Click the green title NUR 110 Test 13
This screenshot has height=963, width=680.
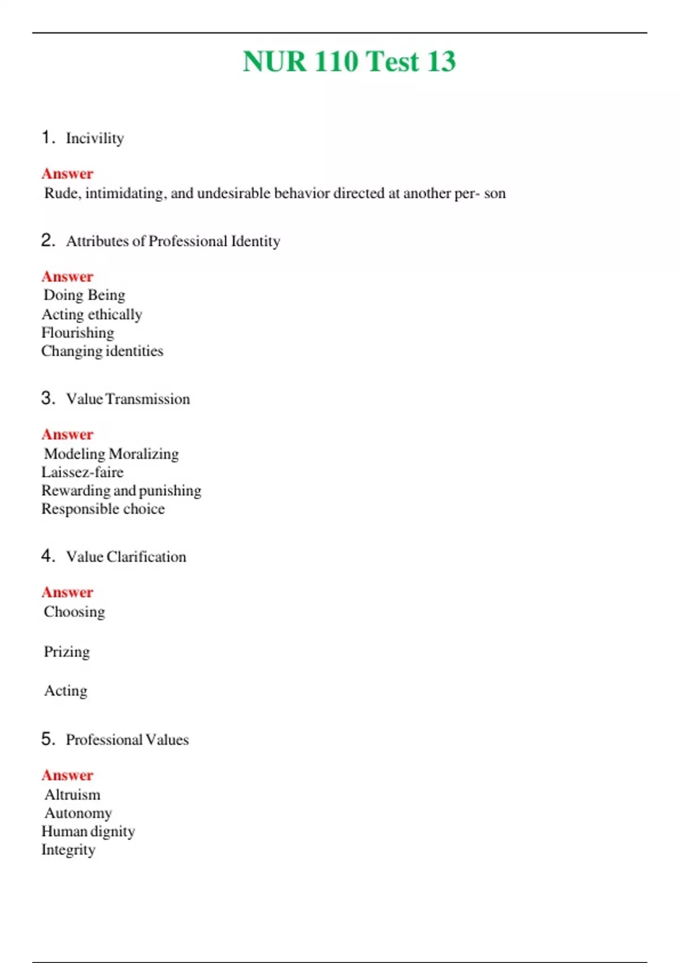click(x=349, y=61)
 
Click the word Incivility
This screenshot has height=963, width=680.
click(x=95, y=138)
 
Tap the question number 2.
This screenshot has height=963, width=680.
click(x=48, y=240)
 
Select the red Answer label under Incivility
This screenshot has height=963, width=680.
click(x=67, y=173)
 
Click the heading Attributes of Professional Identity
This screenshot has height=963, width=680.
click(x=173, y=241)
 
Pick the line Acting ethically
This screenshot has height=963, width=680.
click(x=92, y=314)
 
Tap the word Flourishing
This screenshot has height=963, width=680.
click(x=78, y=333)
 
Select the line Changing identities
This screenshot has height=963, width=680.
click(x=102, y=351)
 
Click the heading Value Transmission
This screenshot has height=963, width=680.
click(x=128, y=399)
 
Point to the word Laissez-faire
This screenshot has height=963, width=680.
click(x=82, y=472)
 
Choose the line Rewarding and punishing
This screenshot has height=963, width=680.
click(x=121, y=491)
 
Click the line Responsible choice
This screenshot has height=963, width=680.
click(x=103, y=509)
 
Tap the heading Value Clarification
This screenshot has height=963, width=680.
click(x=126, y=557)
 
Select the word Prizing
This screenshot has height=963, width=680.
click(x=67, y=651)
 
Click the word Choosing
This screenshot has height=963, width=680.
click(x=74, y=612)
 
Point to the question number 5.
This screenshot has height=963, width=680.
click(x=48, y=739)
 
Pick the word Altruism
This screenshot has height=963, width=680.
click(x=73, y=795)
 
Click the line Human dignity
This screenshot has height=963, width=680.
click(x=88, y=832)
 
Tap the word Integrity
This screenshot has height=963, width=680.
click(x=68, y=850)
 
